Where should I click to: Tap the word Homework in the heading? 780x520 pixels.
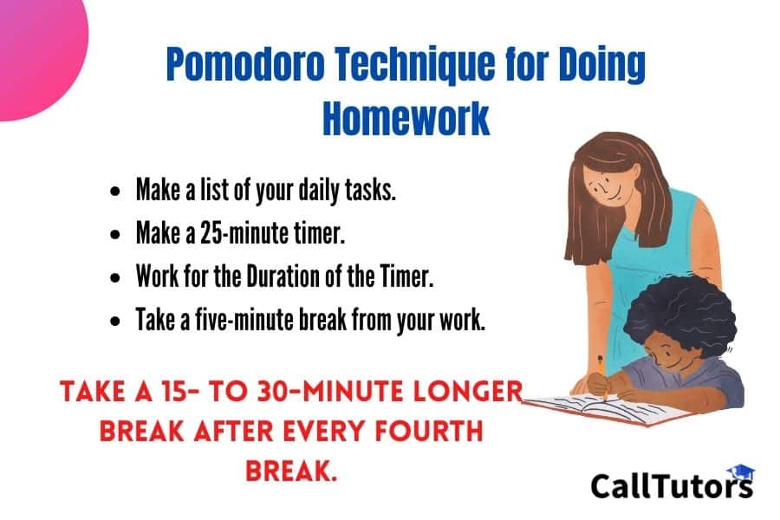coord(406,118)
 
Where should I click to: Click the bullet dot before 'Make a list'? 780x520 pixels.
coord(115,191)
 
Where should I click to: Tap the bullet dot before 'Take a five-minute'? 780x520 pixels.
coord(115,322)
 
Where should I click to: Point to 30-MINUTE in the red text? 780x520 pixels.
coord(330,391)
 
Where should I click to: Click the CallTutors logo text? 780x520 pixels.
coord(672,485)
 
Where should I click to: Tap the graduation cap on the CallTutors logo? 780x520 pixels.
coord(741,471)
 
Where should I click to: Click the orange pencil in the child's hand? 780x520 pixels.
coord(602,376)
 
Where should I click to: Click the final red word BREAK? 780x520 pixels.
coord(291,471)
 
